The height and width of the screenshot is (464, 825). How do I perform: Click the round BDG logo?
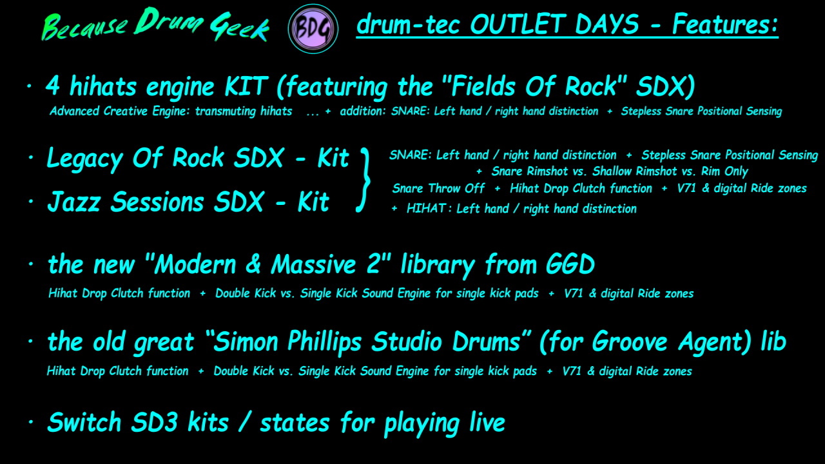coord(313,29)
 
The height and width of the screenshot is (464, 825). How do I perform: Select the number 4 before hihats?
coord(53,86)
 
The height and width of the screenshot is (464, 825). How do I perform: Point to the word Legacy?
coord(84,159)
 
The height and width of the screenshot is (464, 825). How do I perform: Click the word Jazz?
coord(73,202)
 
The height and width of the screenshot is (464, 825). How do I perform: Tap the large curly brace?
coord(364,180)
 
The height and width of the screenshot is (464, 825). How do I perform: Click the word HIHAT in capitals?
coord(426,208)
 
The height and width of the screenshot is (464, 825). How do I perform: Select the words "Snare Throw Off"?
coord(438,188)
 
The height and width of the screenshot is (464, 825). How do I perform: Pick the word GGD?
coord(570,264)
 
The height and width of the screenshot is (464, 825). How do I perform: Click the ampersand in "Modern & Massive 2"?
coord(253,264)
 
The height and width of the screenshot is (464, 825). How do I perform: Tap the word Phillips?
coord(324,342)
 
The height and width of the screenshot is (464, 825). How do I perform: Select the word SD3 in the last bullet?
coord(154,422)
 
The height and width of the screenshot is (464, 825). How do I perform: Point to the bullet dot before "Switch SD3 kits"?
coord(31,422)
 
